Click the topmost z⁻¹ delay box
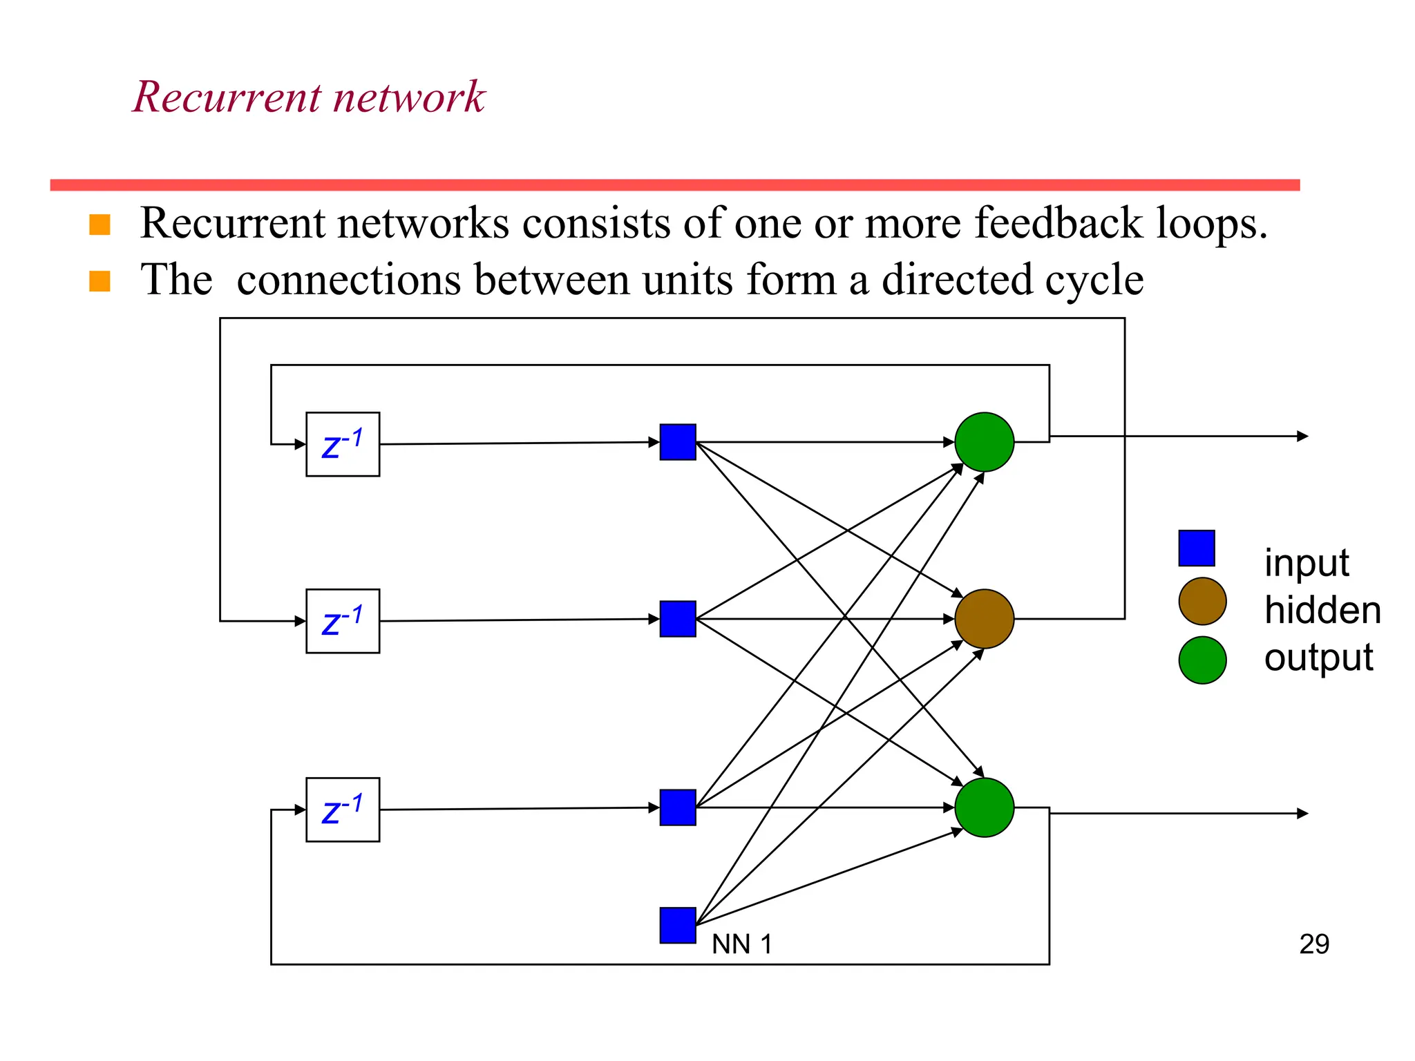[343, 444]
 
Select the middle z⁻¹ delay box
[343, 621]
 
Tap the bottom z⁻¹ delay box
[343, 810]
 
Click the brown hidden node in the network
[984, 619]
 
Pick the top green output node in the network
[984, 442]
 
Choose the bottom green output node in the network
[984, 807]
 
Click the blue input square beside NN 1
[678, 926]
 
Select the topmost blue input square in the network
[678, 442]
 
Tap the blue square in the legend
[1197, 548]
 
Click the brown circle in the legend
[1202, 602]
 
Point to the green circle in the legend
[1202, 660]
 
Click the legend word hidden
[1322, 611]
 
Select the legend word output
[1318, 658]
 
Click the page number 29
[1313, 944]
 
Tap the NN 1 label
[741, 944]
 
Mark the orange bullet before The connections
[100, 281]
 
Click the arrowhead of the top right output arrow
[1303, 436]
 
